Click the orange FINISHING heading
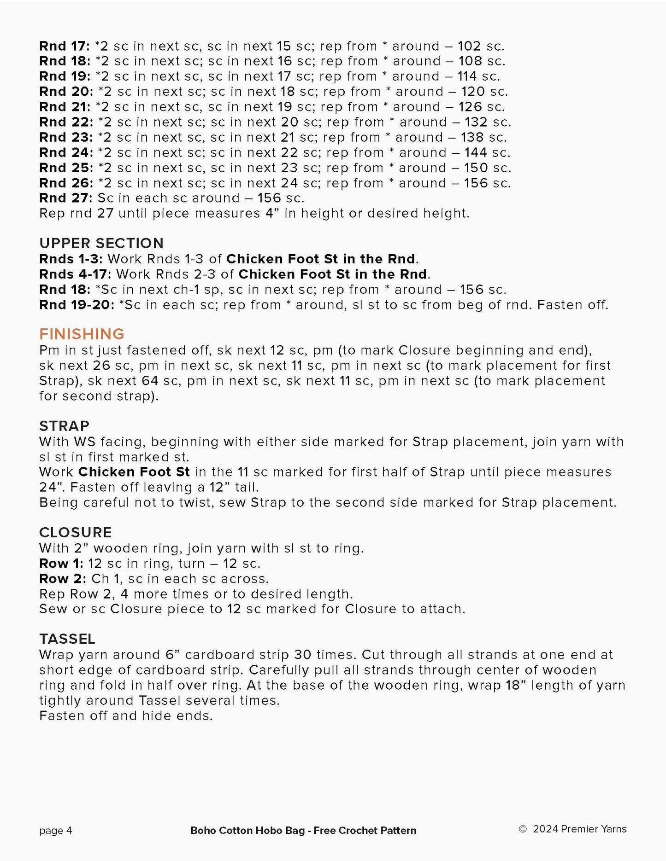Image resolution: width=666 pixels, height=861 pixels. [82, 334]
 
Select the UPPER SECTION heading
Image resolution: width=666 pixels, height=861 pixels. [101, 243]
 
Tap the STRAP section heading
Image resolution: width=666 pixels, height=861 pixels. [64, 426]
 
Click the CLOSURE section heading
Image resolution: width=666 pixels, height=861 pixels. [75, 532]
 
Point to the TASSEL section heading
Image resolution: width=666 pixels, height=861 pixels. [67, 639]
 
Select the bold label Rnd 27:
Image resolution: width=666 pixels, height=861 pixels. [66, 198]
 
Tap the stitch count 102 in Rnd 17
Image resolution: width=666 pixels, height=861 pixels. [469, 46]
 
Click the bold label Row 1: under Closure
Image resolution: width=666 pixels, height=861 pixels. [61, 563]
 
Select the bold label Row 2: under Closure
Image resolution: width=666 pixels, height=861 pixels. [62, 578]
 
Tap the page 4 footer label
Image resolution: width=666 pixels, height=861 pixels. [55, 830]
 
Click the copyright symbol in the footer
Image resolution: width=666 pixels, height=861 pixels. [523, 829]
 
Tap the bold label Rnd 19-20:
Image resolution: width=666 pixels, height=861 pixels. [77, 304]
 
